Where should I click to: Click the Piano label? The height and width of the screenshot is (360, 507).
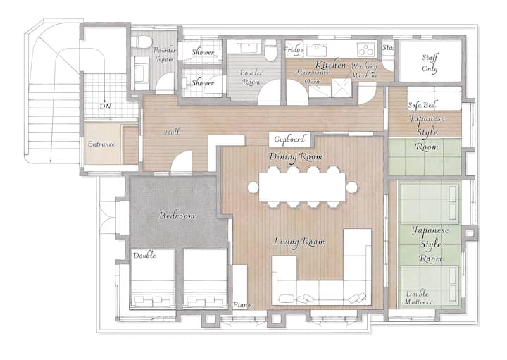coord(242,305)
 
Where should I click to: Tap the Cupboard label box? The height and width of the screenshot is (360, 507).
coord(289,139)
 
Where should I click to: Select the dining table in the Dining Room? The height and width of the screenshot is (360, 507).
coord(302,187)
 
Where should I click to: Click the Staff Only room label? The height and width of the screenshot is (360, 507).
coord(430,63)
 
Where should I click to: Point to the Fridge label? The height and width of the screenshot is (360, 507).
coord(294,50)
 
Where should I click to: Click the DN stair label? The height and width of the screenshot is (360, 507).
coord(106,106)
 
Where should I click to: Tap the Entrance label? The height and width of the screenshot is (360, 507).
coord(101,144)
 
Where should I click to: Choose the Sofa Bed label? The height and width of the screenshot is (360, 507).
coord(422,105)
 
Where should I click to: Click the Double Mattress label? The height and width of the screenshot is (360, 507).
coord(418,298)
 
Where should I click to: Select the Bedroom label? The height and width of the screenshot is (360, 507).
coord(177,216)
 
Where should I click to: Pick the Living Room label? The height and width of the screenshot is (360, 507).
coord(299,242)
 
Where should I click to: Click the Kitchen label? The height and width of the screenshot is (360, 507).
coord(330,65)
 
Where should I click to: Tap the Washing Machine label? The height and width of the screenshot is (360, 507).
coord(365,70)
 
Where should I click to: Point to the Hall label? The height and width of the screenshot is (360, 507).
coord(172,132)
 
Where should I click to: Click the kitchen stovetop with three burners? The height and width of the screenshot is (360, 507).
coord(365,50)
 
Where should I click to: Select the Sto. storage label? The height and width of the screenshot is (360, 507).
coord(388,47)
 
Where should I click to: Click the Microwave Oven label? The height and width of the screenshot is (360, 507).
coord(313,77)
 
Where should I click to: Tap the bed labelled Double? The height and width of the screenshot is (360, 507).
coord(152,279)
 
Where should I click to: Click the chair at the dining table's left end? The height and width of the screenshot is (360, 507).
coord(254,187)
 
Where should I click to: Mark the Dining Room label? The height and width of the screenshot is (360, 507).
coord(296,156)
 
